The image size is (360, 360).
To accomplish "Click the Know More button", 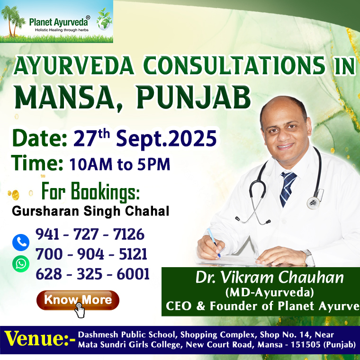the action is (x=78, y=300).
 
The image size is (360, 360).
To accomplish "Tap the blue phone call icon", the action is (x=21, y=243).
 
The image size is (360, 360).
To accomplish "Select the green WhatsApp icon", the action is (x=21, y=264).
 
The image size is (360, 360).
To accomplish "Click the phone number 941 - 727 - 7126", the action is (x=90, y=234).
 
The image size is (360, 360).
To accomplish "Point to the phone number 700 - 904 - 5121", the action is (x=91, y=254).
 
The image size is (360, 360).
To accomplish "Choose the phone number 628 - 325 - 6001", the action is (x=92, y=274).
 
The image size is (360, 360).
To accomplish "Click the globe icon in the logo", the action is (x=105, y=20).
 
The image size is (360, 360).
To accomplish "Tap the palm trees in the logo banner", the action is (x=12, y=21).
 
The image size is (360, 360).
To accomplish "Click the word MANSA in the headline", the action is (x=64, y=98).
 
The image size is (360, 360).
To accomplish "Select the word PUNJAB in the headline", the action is (x=194, y=98).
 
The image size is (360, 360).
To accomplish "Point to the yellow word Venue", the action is (x=36, y=339).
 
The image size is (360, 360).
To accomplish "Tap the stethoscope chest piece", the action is (x=314, y=203).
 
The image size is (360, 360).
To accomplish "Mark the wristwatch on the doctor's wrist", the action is (x=308, y=257).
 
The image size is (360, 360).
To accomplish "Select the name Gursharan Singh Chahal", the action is (x=90, y=211).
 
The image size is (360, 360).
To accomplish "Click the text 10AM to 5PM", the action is (x=120, y=164).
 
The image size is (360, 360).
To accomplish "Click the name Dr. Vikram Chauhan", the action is (x=270, y=278).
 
